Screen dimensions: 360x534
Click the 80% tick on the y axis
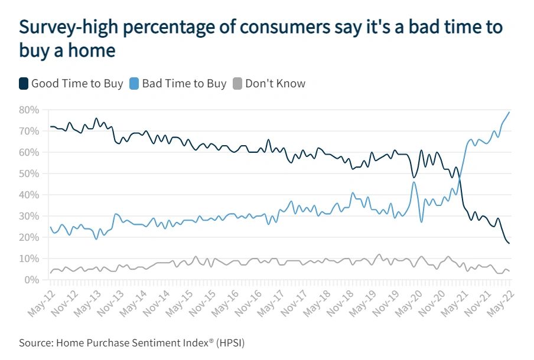(x=29, y=110)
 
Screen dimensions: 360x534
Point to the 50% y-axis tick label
(x=29, y=174)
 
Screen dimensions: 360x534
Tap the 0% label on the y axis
(x=32, y=280)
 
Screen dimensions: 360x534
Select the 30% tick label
(x=29, y=216)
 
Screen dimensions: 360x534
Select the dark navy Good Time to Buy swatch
(x=24, y=84)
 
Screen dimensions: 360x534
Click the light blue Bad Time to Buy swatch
(x=135, y=84)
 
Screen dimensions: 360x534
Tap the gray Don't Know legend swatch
(x=237, y=84)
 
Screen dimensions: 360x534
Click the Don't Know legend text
(x=275, y=84)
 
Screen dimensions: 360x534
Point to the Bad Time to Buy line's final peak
(x=509, y=112)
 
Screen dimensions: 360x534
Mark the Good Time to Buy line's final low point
(x=509, y=243)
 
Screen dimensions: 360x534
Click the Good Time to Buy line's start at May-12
(x=51, y=126)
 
